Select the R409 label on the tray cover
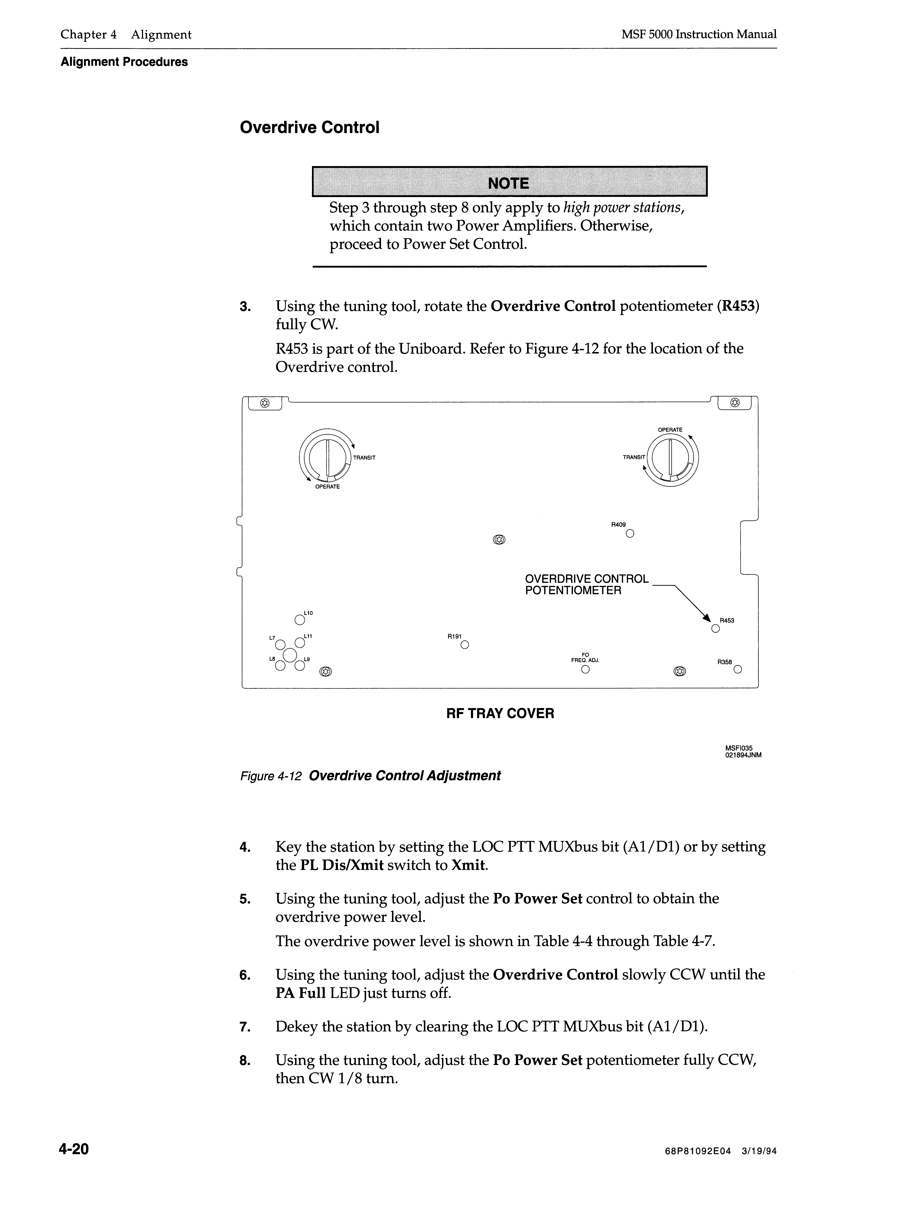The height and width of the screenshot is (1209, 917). pyautogui.click(x=618, y=525)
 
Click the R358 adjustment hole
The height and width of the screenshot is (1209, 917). pyautogui.click(x=738, y=670)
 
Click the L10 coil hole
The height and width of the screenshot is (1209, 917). pyautogui.click(x=299, y=620)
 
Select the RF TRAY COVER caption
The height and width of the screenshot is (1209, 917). pyautogui.click(x=500, y=713)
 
